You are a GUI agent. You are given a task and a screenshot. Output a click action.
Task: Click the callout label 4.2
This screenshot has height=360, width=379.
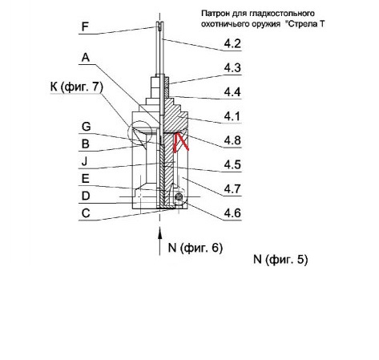[x=232, y=43]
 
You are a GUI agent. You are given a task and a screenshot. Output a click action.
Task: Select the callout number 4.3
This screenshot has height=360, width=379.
[x=232, y=68]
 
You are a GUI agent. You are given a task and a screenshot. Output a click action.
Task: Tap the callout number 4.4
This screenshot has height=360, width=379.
[x=232, y=92]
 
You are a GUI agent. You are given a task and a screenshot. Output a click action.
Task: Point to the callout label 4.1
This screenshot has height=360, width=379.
[x=232, y=116]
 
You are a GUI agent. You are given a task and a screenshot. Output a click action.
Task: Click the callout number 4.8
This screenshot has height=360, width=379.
[x=232, y=140]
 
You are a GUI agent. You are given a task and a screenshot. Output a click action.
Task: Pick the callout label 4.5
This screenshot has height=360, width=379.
[x=232, y=164]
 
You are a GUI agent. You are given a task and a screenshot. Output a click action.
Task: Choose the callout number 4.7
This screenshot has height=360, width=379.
[x=232, y=189]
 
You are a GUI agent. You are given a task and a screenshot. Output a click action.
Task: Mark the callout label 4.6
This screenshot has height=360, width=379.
[x=232, y=213]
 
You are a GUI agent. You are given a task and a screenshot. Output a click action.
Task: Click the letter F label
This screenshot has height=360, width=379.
[x=85, y=26]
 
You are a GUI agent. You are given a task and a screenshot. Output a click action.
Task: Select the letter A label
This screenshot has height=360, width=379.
[x=86, y=58]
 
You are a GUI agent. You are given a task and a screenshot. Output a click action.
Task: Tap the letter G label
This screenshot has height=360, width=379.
[x=86, y=127]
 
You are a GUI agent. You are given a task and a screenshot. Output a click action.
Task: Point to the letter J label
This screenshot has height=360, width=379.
[x=84, y=161]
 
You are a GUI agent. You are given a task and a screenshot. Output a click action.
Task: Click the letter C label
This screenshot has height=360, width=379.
[x=86, y=213]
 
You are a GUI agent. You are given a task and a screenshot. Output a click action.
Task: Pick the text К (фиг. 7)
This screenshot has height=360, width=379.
[x=77, y=87]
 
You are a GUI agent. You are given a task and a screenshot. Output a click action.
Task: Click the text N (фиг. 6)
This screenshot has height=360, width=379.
[x=196, y=248]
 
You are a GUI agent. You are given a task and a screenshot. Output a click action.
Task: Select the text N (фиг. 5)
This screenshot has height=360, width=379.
[x=280, y=259]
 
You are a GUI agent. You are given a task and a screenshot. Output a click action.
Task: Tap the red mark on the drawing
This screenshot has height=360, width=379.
[x=181, y=143]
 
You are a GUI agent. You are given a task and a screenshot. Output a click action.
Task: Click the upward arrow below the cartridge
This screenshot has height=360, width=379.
[x=159, y=241]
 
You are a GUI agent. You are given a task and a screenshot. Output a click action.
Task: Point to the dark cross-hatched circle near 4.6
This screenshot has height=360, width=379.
[x=179, y=197]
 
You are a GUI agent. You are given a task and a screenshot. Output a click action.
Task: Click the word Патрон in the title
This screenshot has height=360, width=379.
[x=212, y=14]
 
